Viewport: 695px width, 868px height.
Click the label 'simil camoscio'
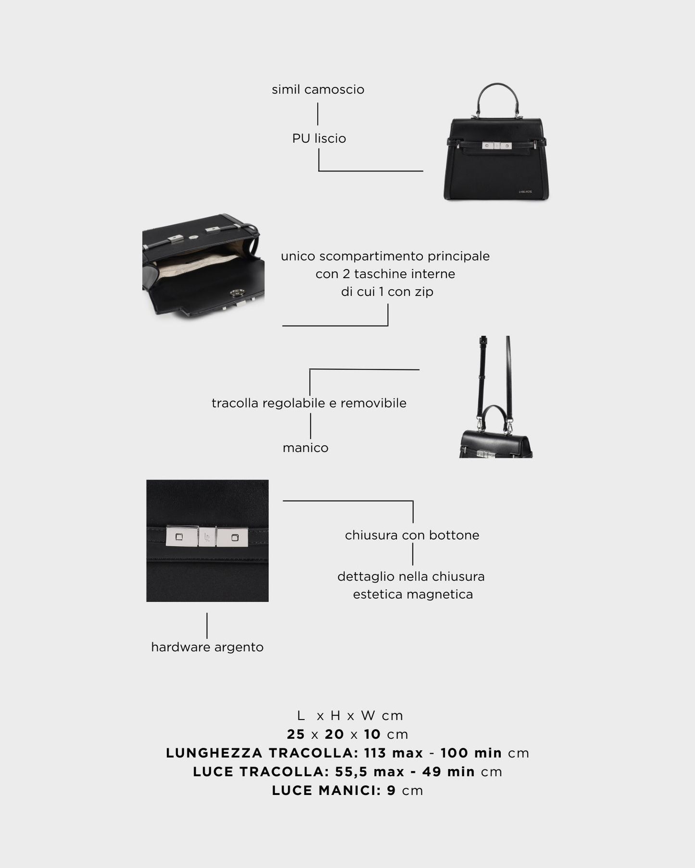click(x=318, y=89)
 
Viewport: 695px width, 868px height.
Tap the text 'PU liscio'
click(x=319, y=138)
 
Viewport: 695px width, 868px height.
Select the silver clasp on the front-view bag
click(x=496, y=145)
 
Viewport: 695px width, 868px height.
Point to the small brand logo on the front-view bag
click(x=525, y=192)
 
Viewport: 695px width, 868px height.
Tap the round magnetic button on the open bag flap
click(x=236, y=293)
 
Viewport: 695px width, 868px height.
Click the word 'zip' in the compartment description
click(x=424, y=292)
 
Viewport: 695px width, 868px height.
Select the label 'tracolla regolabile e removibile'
click(x=309, y=403)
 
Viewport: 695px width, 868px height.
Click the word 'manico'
click(x=305, y=448)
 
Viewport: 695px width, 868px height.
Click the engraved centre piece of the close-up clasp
click(x=207, y=537)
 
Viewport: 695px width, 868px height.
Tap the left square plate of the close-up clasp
click(x=181, y=537)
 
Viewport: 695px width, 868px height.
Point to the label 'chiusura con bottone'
click(x=412, y=535)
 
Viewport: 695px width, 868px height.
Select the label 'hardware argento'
click(x=207, y=647)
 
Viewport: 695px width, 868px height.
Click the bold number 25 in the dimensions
click(x=296, y=734)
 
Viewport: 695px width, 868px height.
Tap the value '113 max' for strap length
click(x=393, y=753)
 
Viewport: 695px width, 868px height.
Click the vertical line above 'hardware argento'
click(x=207, y=625)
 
